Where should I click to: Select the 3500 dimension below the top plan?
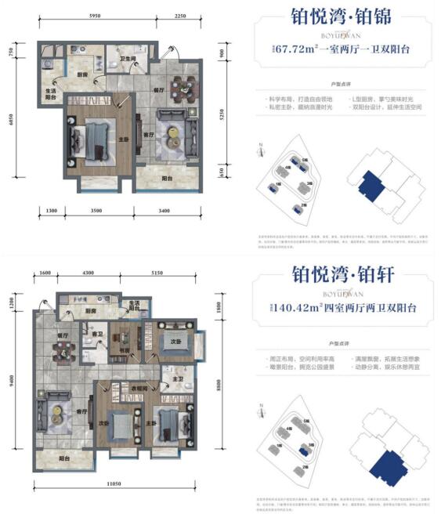95,211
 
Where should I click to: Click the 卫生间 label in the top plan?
128,60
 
